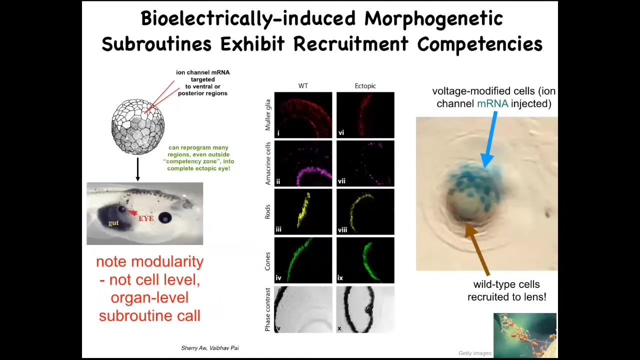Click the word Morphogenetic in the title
click(x=433, y=19)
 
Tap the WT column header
click(x=303, y=85)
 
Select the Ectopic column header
click(x=365, y=85)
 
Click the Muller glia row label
click(x=267, y=115)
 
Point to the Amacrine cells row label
click(x=267, y=163)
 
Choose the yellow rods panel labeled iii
click(x=303, y=211)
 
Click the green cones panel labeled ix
click(x=365, y=260)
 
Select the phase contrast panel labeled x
click(x=365, y=309)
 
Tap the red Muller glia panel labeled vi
click(x=365, y=115)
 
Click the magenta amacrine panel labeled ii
click(x=303, y=163)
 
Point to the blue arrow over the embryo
click(x=490, y=139)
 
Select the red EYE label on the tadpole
click(x=146, y=218)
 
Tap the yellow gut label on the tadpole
click(x=113, y=223)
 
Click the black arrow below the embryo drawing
click(x=137, y=169)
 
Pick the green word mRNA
click(x=492, y=103)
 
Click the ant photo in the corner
click(x=525, y=335)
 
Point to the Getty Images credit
click(x=475, y=353)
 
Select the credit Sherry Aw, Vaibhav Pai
click(x=210, y=348)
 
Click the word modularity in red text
click(x=167, y=261)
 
